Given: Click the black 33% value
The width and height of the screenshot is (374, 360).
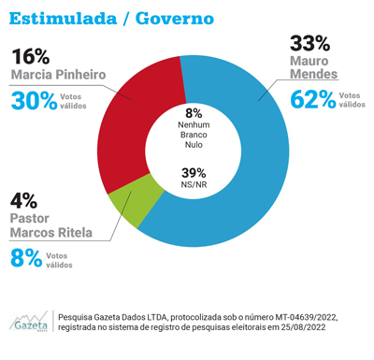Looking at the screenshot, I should coord(309,43).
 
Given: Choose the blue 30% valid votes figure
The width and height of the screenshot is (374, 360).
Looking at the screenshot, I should coord(34,100).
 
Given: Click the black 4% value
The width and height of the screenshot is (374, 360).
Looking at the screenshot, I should coord(23,199).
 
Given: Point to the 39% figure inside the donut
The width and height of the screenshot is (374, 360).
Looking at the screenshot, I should coord(194,171).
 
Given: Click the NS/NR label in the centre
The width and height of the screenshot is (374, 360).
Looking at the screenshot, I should coord(194,185).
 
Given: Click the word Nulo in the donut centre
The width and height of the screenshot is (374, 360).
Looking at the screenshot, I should coord(194,147).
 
